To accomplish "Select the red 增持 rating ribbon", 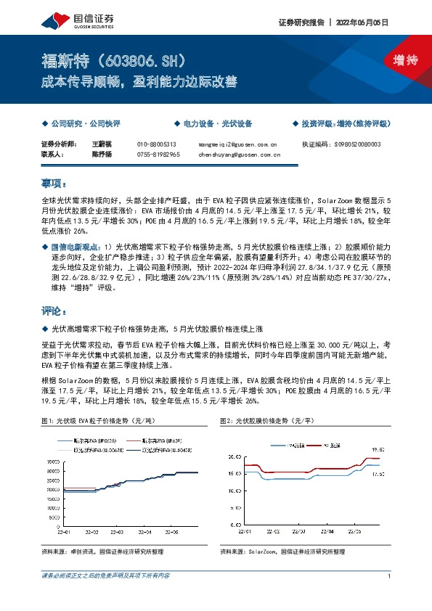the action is point(395,61).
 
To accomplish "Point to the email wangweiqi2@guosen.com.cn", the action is point(237,144).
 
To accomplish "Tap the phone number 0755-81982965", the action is point(158,155).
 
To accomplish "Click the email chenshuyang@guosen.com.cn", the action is point(240,155).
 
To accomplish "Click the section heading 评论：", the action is point(54,311).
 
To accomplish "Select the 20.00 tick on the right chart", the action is point(232,456).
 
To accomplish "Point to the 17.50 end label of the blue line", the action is point(378,474).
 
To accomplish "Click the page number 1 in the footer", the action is point(390,575).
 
